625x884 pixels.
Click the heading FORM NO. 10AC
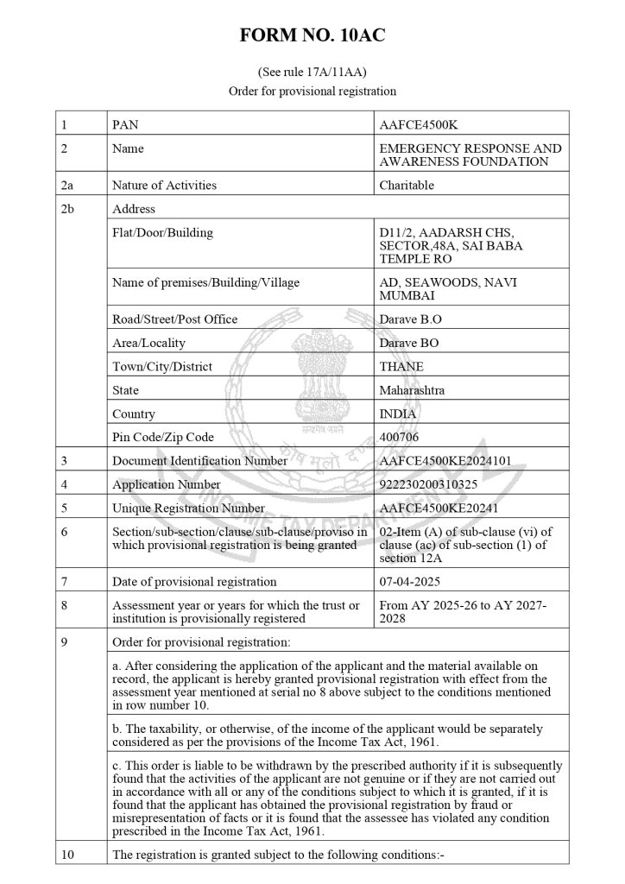pyautogui.click(x=312, y=35)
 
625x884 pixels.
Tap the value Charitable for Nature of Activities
pyautogui.click(x=407, y=185)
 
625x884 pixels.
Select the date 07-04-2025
pyautogui.click(x=408, y=582)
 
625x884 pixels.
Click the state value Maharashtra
pyautogui.click(x=413, y=390)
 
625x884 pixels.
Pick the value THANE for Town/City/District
pyautogui.click(x=401, y=366)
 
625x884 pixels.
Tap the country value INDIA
pyautogui.click(x=398, y=414)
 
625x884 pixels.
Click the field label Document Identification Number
pyautogui.click(x=199, y=461)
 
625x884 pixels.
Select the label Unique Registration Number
pyautogui.click(x=188, y=508)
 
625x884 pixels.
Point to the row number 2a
pyautogui.click(x=68, y=185)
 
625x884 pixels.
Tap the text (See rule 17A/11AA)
pyautogui.click(x=312, y=72)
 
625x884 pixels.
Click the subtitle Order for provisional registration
pyautogui.click(x=312, y=91)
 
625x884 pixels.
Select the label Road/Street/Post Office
pyautogui.click(x=174, y=319)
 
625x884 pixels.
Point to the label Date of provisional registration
pyautogui.click(x=194, y=582)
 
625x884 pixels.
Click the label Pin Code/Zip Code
pyautogui.click(x=163, y=438)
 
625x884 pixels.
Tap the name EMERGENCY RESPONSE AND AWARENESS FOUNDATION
pyautogui.click(x=470, y=155)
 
